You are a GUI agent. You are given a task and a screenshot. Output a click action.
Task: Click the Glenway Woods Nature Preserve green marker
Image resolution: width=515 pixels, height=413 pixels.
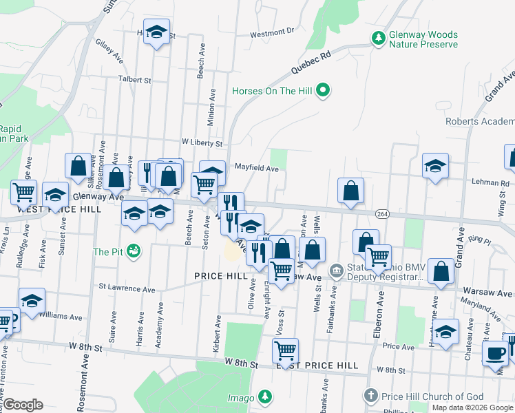pyautogui.click(x=378, y=39)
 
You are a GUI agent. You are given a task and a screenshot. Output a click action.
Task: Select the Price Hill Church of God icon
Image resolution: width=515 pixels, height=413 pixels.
pyautogui.click(x=371, y=396)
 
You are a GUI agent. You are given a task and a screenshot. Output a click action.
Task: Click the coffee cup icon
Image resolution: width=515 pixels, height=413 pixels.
pyautogui.click(x=495, y=354)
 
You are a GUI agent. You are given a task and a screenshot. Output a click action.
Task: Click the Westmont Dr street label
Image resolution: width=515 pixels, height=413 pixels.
pyautogui.click(x=272, y=32)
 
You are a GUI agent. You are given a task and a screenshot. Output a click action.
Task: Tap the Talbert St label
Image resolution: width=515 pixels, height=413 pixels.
pyautogui.click(x=134, y=80)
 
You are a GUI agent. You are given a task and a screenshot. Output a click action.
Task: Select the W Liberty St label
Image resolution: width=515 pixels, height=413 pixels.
pyautogui.click(x=202, y=144)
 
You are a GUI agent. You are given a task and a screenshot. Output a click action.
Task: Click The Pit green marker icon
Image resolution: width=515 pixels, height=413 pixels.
pyautogui.click(x=134, y=252)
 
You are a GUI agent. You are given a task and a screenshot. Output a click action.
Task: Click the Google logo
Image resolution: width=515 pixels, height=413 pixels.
pyautogui.click(x=23, y=405)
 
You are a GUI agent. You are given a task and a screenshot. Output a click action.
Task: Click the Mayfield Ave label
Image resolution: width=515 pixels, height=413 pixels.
pyautogui.click(x=256, y=167)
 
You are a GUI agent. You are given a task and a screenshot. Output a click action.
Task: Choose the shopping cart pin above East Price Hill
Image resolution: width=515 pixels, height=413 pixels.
pyautogui.click(x=285, y=351)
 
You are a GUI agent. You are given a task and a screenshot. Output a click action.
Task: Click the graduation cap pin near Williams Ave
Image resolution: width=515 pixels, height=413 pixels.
pyautogui.click(x=32, y=301)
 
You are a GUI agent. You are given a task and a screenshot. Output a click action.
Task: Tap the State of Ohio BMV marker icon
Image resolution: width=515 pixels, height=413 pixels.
pyautogui.click(x=336, y=269)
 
